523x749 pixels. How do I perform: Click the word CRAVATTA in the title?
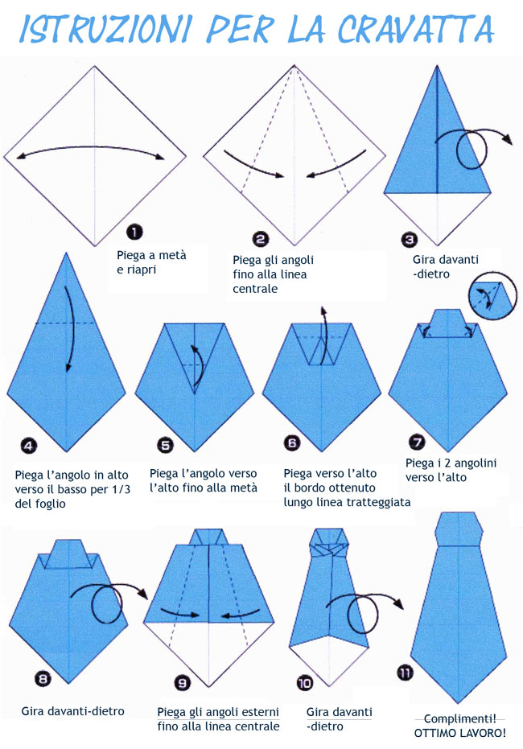coord(415,29)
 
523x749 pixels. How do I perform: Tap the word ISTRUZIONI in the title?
coord(105,29)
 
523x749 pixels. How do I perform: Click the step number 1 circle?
coord(134,233)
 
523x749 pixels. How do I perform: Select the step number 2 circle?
coord(260,239)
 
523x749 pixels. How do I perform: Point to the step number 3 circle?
coord(410,239)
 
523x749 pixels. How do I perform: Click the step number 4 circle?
coord(29,446)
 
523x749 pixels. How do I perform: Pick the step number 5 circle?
coord(165,445)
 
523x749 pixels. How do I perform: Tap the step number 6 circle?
coord(292,442)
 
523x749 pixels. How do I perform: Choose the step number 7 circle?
coord(418,442)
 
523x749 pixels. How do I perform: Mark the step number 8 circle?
coord(43,678)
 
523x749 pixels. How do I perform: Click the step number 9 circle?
coord(183,683)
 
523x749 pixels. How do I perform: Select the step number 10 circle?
coord(305,683)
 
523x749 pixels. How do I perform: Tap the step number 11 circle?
coord(405,673)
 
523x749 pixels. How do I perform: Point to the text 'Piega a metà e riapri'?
coord(151,262)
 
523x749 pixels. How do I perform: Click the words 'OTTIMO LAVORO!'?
coord(459,733)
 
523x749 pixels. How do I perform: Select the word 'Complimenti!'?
coord(459,718)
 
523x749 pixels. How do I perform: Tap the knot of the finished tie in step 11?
coord(459,529)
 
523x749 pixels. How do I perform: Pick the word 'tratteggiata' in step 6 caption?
coord(380,502)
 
